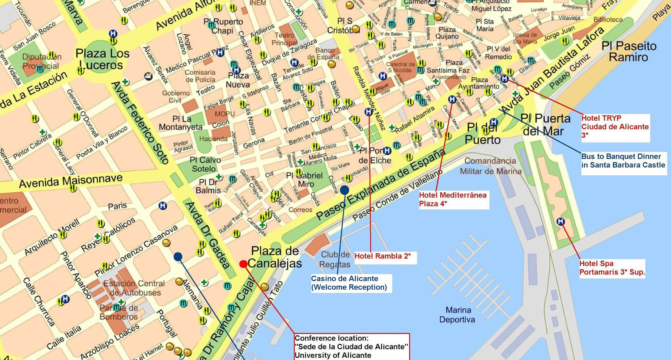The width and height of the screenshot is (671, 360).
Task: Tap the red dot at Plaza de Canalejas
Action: point(243,264)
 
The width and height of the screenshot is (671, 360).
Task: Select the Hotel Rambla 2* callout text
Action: point(382,257)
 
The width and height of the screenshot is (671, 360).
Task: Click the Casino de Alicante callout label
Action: point(349,283)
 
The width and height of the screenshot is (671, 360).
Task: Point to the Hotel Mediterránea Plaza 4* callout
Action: point(453,199)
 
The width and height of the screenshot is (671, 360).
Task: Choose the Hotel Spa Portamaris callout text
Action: point(612,267)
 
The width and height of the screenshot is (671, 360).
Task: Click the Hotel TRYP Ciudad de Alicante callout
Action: point(615,127)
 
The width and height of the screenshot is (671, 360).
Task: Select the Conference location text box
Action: point(352,347)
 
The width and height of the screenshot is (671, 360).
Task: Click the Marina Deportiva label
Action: point(457,315)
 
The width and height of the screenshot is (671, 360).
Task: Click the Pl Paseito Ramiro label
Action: point(629,51)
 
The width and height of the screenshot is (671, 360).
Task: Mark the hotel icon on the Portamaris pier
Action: point(560,221)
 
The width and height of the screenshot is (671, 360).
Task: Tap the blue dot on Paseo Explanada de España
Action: point(344,190)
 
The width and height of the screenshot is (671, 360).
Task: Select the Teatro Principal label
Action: point(285,39)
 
